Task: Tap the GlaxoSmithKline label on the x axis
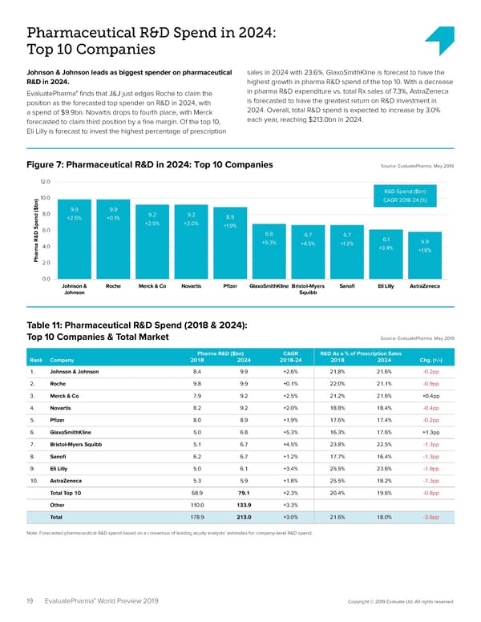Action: (x=269, y=285)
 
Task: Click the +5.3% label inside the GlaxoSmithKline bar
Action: (x=269, y=242)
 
